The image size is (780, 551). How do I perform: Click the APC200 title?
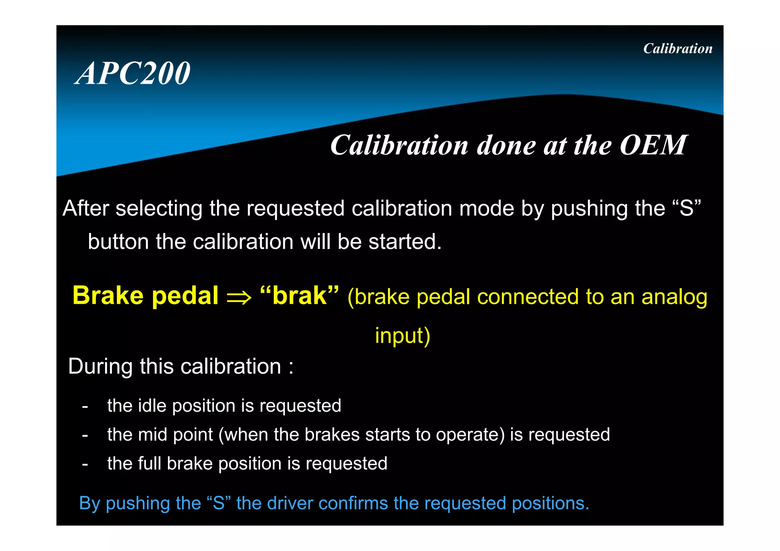coord(133,73)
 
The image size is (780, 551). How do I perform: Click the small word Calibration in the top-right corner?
coord(678,49)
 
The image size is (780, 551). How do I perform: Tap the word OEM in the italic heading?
coord(653,145)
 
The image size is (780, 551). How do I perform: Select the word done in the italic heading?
coord(506,145)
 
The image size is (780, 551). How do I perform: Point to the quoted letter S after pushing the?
coord(686,208)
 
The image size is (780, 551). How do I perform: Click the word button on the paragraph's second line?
coord(118,242)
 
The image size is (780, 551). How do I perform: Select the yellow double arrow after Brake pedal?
coord(239,297)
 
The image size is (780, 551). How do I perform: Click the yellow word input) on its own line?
coord(403,335)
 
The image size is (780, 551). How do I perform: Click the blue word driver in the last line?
coord(289,503)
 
